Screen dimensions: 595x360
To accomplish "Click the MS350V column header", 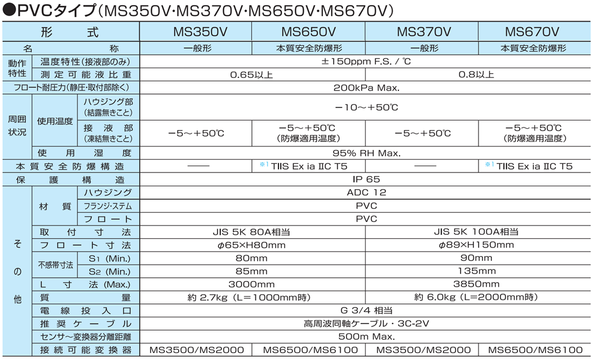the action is [x=200, y=32].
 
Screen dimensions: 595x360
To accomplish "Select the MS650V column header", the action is [x=308, y=32].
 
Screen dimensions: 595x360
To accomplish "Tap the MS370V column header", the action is [x=424, y=32].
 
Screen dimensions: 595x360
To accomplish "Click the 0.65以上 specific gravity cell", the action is [x=251, y=75].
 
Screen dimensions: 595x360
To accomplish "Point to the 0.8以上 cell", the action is [x=476, y=74].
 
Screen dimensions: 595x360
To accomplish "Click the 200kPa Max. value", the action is [x=366, y=88].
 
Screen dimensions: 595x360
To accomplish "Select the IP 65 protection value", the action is [x=366, y=179].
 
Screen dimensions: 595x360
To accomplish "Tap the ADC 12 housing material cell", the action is [x=366, y=193].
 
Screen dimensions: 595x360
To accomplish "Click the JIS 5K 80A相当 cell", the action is [x=251, y=232].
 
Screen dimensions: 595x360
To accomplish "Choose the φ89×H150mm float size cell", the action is [x=476, y=245].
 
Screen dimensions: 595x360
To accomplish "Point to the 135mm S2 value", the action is [x=477, y=271].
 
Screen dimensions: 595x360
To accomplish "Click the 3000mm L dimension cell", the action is [x=251, y=284].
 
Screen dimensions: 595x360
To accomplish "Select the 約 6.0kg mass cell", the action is [x=476, y=297].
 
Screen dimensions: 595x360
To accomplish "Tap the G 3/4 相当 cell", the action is [x=366, y=310].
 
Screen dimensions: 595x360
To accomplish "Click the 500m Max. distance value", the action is [x=367, y=336].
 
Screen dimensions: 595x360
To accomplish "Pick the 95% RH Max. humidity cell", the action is [x=366, y=153].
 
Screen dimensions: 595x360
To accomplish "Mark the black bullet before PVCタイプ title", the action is [x=9, y=10].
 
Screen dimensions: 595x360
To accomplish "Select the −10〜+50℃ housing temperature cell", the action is [x=366, y=107].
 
